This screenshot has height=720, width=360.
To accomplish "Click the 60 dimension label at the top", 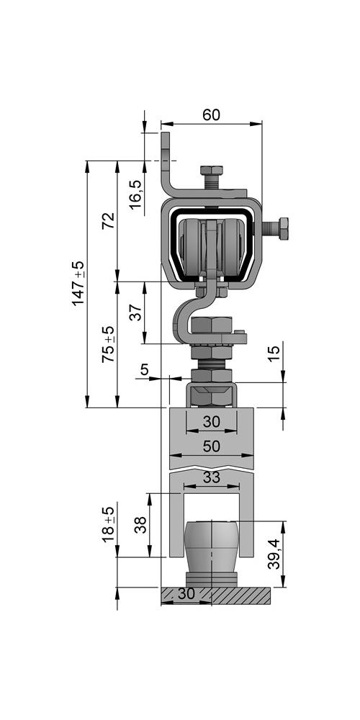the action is (x=211, y=114).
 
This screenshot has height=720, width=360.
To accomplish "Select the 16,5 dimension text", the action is (x=135, y=194).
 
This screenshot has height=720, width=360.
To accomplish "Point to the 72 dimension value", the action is (x=108, y=221).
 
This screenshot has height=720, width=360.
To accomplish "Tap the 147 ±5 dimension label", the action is (x=78, y=283).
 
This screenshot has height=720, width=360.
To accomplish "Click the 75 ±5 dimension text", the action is (x=108, y=344).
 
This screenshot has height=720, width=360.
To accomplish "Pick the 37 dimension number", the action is (x=135, y=312).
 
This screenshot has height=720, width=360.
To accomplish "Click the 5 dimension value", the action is (x=145, y=369).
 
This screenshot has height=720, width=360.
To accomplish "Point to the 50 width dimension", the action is (x=211, y=446).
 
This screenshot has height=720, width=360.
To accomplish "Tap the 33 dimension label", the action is (x=211, y=477).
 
